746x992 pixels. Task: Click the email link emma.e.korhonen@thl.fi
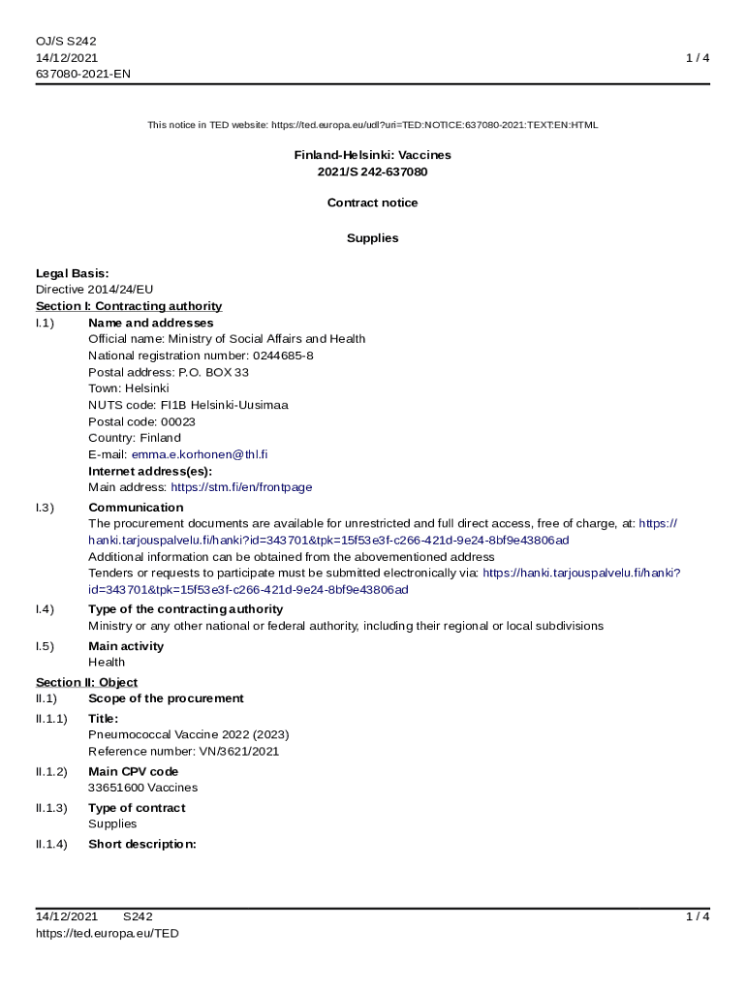[200, 454]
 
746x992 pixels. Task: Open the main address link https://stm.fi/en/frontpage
[241, 487]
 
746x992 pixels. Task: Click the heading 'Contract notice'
[373, 203]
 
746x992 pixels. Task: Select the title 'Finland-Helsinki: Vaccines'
[373, 155]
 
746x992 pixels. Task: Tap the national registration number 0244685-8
[283, 356]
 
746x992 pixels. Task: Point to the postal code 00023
[177, 421]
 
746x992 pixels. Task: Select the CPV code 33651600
[115, 788]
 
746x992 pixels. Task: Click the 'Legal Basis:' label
[73, 273]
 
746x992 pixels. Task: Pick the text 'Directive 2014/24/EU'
[95, 289]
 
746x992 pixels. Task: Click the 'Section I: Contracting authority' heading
[129, 306]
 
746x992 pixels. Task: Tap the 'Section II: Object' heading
[87, 682]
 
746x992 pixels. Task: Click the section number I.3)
[46, 508]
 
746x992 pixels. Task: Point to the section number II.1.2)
[51, 772]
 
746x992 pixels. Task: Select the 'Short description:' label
[142, 844]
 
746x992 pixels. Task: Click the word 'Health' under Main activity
[107, 663]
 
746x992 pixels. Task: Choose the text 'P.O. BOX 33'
[213, 372]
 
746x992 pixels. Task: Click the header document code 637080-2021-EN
[83, 74]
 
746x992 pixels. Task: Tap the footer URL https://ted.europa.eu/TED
[108, 933]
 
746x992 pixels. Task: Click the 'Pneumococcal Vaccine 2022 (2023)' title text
[189, 734]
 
